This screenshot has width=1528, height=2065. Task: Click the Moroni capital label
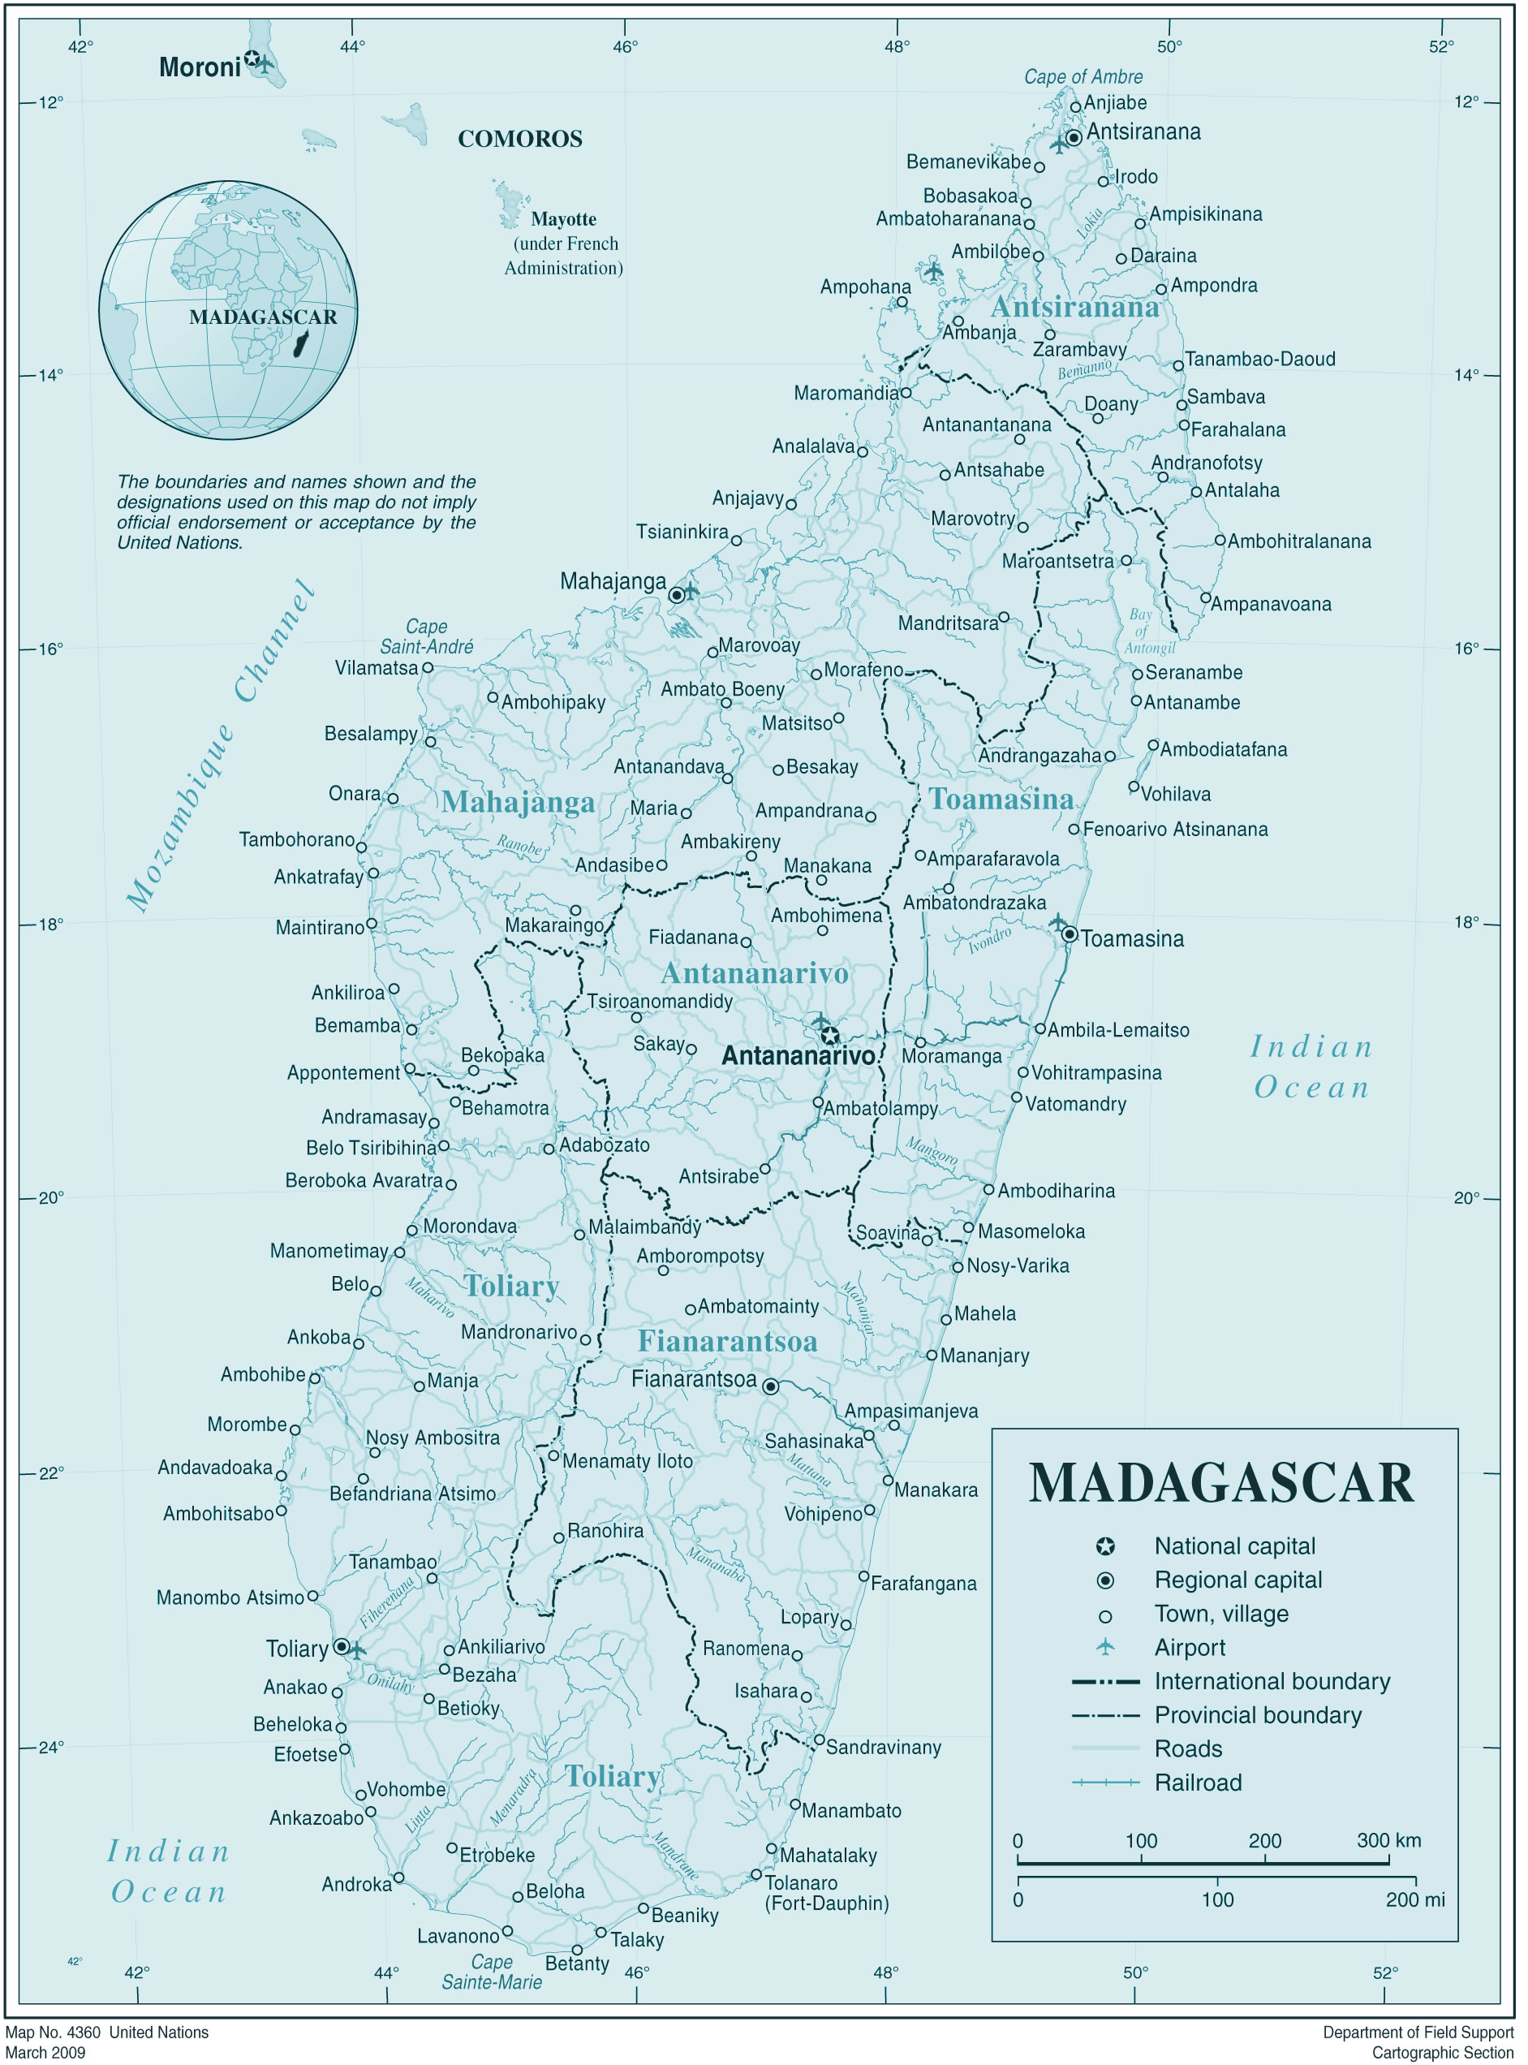click(199, 67)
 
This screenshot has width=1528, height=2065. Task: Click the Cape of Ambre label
click(1083, 77)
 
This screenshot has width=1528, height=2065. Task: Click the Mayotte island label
click(563, 219)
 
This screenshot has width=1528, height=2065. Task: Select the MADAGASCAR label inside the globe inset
click(263, 317)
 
